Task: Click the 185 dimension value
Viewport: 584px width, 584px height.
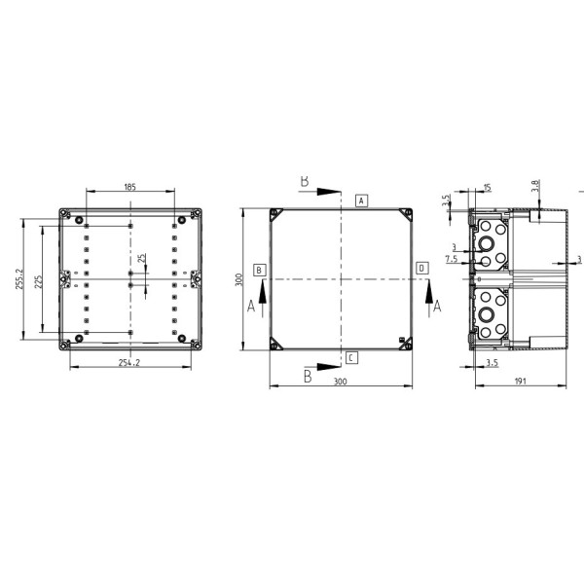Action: coord(129,187)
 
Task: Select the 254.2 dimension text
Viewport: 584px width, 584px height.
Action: coord(129,362)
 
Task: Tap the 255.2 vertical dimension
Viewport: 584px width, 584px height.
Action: coord(19,279)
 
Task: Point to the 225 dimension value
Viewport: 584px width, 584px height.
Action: coord(38,282)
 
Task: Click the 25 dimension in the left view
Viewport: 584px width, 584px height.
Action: coord(141,258)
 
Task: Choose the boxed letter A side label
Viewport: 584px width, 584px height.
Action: coord(361,201)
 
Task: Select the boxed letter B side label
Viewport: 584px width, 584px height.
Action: coord(260,270)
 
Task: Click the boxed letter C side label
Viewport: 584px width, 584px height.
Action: coord(351,358)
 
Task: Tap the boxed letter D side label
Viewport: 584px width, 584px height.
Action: coord(422,269)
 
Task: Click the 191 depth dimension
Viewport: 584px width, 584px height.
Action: coord(521,381)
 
